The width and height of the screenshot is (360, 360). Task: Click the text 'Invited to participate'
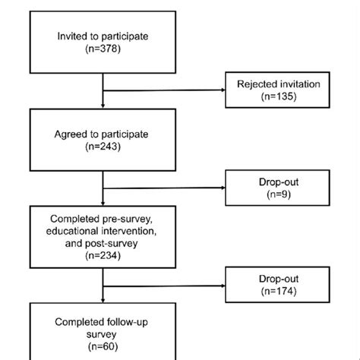[103, 36]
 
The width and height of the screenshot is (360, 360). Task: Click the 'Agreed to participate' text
[103, 134]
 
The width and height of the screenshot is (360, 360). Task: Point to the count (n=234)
[103, 257]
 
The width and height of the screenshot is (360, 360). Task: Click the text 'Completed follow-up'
[103, 321]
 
